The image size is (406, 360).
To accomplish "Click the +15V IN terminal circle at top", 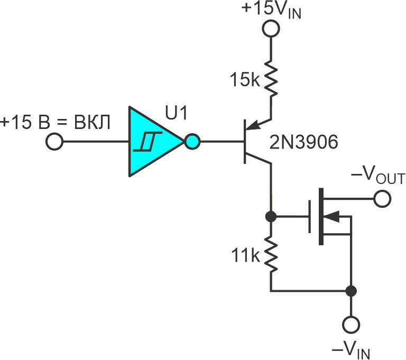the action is [271, 29].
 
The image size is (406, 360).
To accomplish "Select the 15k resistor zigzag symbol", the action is [271, 79].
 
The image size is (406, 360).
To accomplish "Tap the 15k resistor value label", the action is [244, 79].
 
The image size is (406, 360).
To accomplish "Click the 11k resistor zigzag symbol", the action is [271, 254].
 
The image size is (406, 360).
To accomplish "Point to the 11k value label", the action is [245, 255].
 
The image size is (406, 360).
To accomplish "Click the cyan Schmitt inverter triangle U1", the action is [156, 142].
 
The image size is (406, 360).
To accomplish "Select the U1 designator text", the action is [176, 113].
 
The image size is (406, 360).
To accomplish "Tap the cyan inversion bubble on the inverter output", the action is [192, 142].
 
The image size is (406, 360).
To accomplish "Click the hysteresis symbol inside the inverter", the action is [147, 142].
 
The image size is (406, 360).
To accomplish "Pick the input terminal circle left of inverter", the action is [54, 142].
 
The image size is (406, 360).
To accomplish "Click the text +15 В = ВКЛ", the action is [55, 122].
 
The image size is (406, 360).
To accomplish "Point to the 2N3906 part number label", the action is [304, 142].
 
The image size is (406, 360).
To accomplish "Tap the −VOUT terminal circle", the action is [382, 199].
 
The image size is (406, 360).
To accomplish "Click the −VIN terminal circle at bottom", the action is [351, 325].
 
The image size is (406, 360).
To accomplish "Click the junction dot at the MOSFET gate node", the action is [271, 216].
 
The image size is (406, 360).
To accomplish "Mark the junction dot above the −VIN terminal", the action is [351, 291].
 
